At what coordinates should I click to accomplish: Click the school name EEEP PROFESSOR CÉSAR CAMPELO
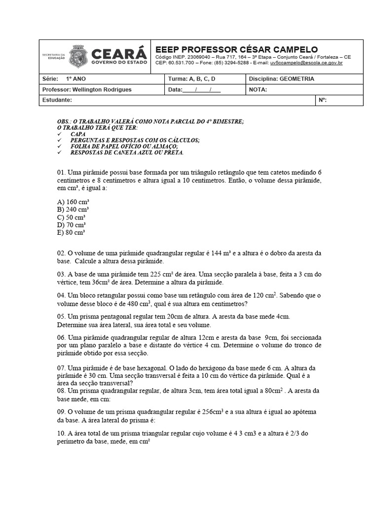click(236, 49)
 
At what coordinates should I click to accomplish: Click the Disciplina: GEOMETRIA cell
click(281, 79)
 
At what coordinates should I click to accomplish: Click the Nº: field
click(323, 100)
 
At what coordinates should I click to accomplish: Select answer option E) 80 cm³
click(72, 232)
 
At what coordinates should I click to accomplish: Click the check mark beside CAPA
click(59, 134)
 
